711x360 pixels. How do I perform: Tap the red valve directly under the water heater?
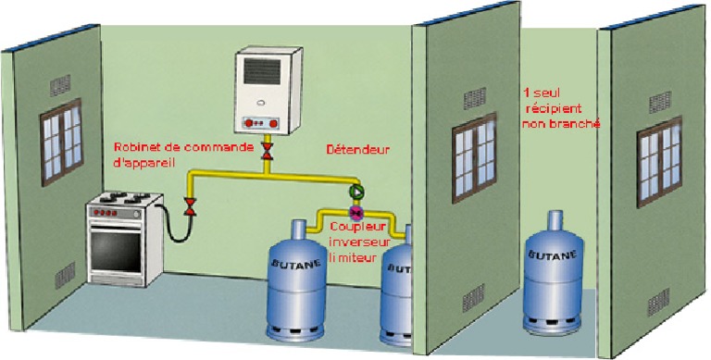point(268,152)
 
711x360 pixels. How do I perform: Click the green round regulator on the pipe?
point(355,192)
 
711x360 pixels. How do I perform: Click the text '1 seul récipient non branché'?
point(561,108)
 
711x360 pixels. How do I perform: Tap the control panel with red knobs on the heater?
point(262,122)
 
